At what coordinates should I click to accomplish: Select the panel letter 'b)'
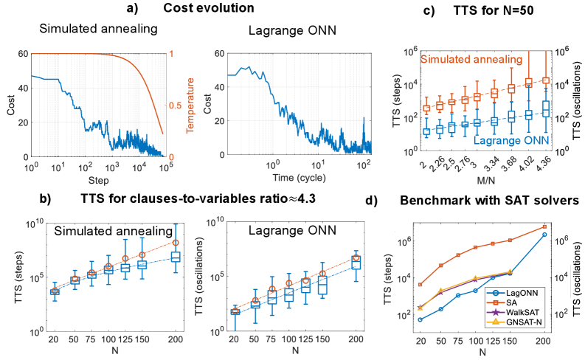pos(44,198)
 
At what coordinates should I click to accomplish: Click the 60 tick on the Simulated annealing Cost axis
pos(24,54)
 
